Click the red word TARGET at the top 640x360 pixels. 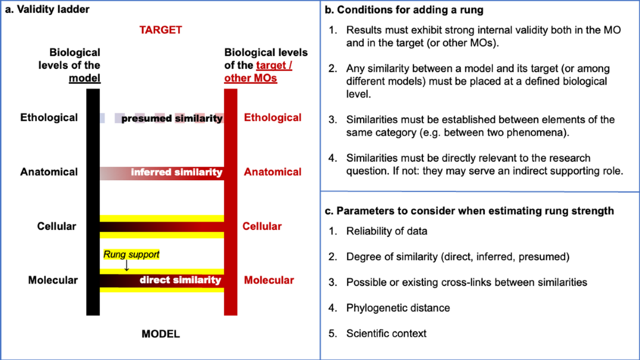161,30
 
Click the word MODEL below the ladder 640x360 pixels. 161,334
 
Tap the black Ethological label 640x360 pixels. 49,118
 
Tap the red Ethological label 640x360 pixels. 273,118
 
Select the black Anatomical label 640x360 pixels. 49,172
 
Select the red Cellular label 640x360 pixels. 262,227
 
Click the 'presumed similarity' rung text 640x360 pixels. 172,118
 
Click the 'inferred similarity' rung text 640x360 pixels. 177,172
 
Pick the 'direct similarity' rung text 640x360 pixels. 180,280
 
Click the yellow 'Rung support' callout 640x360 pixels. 131,254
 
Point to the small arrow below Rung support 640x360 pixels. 126,265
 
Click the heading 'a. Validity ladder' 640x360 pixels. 41,9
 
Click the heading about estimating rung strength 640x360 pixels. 469,211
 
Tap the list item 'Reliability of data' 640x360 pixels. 386,231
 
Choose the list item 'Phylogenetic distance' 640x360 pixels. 398,308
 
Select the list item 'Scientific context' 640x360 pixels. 386,333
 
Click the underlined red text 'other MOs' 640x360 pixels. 251,78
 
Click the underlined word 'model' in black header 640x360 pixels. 84,78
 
